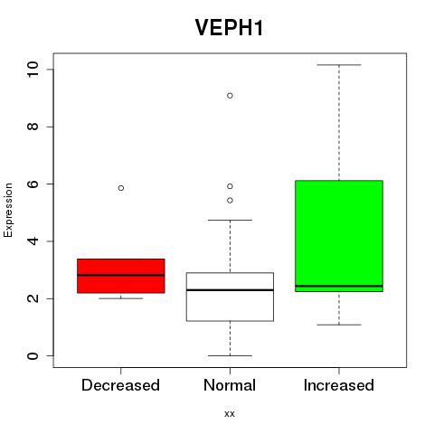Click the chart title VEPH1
point(230,28)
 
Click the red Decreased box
point(121,276)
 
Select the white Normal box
point(230,297)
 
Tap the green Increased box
point(339,236)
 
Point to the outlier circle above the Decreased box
point(121,188)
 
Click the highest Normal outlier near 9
point(230,96)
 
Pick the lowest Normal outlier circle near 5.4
point(230,201)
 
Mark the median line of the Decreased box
point(121,275)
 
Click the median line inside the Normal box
point(230,290)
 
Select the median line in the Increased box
point(339,286)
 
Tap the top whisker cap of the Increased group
point(339,65)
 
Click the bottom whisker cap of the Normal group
point(230,355)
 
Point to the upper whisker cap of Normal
point(230,220)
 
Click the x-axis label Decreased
point(120,385)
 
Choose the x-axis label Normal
point(230,385)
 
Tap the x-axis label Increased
point(339,385)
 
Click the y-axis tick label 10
point(33,70)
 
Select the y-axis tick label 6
point(33,184)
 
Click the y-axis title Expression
point(8,210)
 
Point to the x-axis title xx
point(230,414)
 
